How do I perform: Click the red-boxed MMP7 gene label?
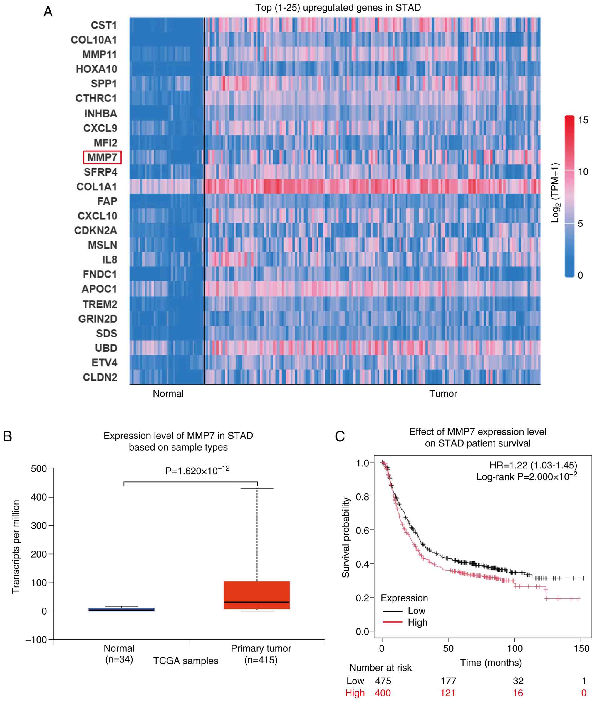102,158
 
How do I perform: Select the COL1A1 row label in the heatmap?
96,187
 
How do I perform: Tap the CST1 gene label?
103,25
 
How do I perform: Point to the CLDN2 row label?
100,377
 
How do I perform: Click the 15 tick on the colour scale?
583,120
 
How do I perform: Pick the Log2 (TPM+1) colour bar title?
555,193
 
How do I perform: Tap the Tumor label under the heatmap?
443,394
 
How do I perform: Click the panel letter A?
48,12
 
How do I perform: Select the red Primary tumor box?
256,595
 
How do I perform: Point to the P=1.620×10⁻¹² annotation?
197,471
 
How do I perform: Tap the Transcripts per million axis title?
16,547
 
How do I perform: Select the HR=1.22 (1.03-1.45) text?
533,465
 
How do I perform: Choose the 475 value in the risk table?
383,681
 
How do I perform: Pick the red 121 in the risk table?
448,693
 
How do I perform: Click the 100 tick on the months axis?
514,648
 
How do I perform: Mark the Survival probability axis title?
346,537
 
